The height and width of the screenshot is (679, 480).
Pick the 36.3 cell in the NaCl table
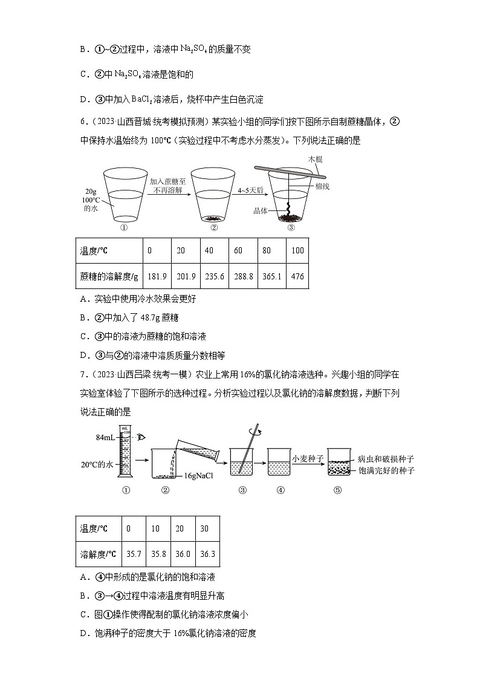204,554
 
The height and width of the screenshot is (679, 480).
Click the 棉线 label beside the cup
322,187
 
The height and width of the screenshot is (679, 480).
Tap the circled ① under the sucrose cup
124,229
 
